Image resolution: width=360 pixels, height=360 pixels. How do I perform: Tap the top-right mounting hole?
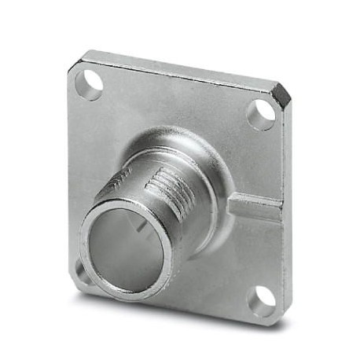point(261,114)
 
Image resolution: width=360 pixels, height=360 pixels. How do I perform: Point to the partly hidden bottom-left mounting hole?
point(81,270)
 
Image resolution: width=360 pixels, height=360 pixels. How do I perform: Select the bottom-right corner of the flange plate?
point(279,318)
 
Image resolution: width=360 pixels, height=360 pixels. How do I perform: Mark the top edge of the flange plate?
point(181,68)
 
